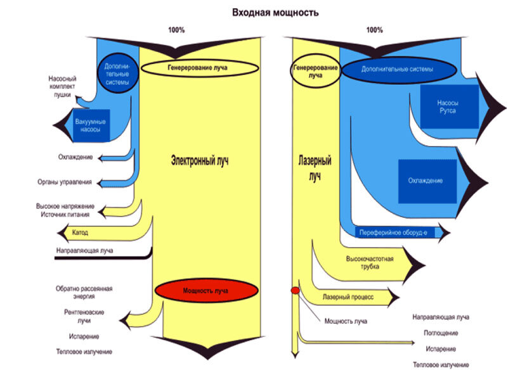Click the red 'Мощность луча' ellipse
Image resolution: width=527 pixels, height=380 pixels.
point(207,291)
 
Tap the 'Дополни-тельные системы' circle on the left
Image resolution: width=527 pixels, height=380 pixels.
point(118,73)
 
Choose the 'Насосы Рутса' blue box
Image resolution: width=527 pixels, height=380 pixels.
point(447,106)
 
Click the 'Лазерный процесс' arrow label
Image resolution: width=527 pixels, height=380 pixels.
point(348,296)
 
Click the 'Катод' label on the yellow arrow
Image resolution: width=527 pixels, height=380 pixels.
point(81,233)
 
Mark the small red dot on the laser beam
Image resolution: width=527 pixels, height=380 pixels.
point(295,290)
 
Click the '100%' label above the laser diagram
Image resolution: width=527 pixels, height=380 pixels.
point(374,30)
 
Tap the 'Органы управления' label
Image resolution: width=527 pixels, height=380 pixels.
point(65,182)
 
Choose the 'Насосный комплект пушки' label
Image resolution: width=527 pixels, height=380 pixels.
point(62,86)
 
